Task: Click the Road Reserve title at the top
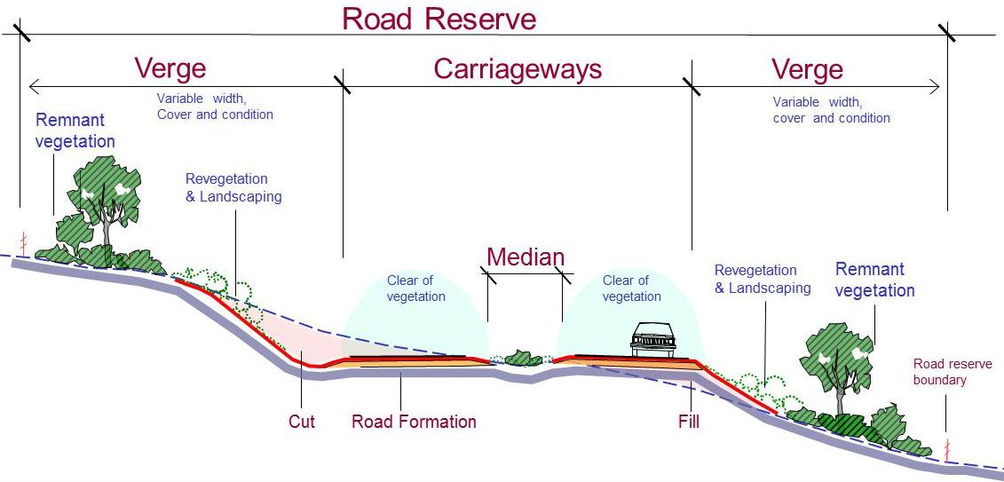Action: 439,19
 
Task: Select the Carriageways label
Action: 518,69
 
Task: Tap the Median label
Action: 526,257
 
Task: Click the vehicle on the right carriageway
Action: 654,339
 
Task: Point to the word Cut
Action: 302,421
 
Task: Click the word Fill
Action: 688,421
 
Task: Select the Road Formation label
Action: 414,421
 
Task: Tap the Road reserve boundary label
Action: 953,372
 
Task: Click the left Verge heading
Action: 170,68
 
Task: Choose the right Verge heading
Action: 807,69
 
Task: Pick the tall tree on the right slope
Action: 839,360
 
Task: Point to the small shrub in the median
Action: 523,359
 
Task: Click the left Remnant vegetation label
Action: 75,130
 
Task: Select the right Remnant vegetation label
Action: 874,279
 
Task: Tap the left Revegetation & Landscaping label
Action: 233,187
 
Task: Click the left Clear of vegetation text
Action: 415,288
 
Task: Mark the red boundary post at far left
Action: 25,241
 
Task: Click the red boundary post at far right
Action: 947,446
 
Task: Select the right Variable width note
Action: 831,110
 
